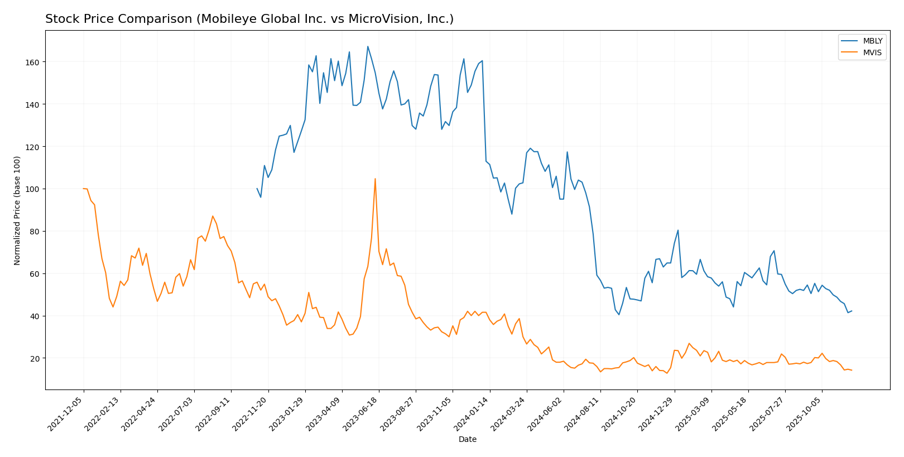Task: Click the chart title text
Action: (249, 19)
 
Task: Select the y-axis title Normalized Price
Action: (17, 210)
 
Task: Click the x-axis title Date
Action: (467, 439)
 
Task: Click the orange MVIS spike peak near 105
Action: (375, 179)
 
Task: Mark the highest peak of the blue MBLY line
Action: (368, 46)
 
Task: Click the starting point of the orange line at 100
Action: (84, 189)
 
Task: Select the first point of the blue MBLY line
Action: (257, 189)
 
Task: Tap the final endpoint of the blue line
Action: (852, 311)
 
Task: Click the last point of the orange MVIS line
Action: (852, 370)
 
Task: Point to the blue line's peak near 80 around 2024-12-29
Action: (678, 230)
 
